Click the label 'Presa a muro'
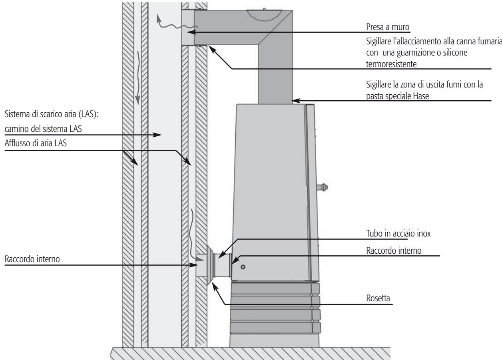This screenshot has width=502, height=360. [x=388, y=27]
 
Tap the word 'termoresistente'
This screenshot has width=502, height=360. [x=391, y=64]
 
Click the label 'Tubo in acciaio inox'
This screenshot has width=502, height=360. [x=398, y=233]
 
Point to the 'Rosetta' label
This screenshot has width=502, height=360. [x=378, y=298]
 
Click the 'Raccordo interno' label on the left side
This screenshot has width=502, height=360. [x=32, y=259]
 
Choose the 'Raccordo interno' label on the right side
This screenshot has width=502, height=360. [x=394, y=251]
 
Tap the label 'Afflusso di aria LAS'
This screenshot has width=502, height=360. [x=36, y=143]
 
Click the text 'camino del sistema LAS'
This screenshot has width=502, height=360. [x=43, y=129]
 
